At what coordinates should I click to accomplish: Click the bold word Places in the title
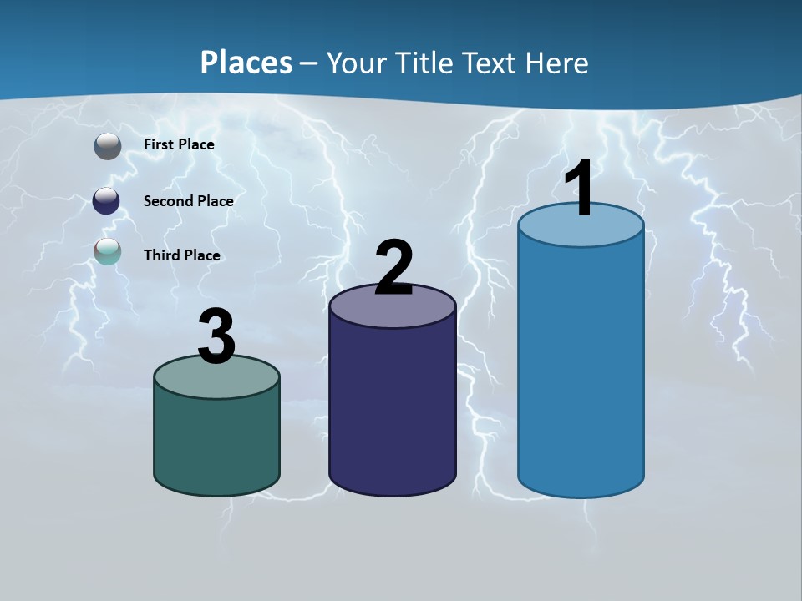pyautogui.click(x=246, y=63)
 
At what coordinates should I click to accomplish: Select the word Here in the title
pyautogui.click(x=559, y=63)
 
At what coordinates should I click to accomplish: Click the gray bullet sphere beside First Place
pyautogui.click(x=107, y=146)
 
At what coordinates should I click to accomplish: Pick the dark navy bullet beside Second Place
pyautogui.click(x=106, y=201)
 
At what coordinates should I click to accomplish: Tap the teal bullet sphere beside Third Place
pyautogui.click(x=107, y=251)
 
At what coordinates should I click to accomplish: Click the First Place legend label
pyautogui.click(x=179, y=144)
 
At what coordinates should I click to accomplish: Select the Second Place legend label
pyautogui.click(x=188, y=201)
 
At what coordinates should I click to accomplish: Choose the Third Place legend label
pyautogui.click(x=181, y=255)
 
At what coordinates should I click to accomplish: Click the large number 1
pyautogui.click(x=580, y=189)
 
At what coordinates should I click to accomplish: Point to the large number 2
pyautogui.click(x=393, y=268)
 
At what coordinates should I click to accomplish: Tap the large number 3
pyautogui.click(x=216, y=337)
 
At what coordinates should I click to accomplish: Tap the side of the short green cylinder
pyautogui.click(x=216, y=442)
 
